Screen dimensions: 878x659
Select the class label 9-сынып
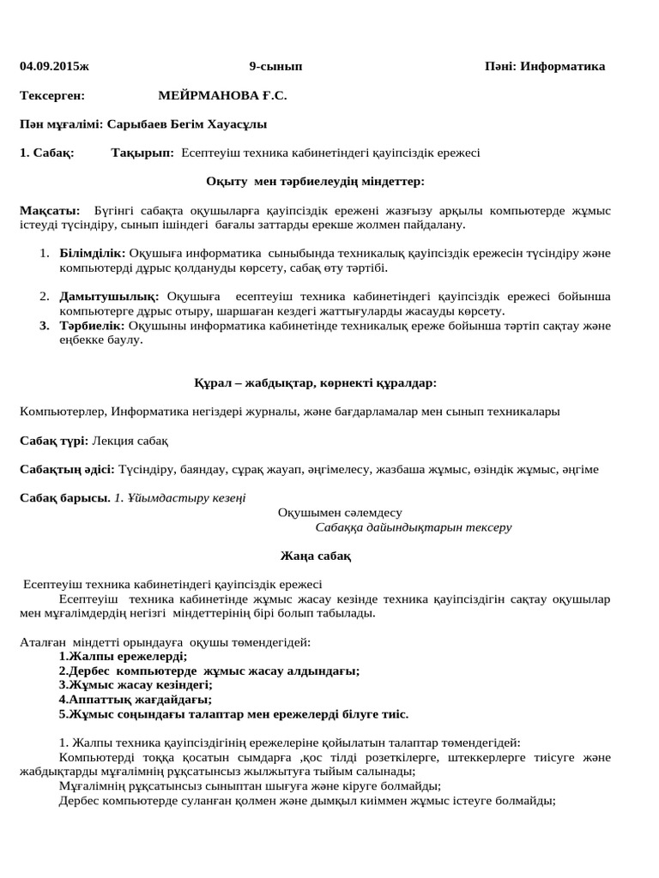click(x=275, y=66)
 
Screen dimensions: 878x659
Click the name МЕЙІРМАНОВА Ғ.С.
click(x=222, y=95)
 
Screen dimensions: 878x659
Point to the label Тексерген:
click(x=52, y=95)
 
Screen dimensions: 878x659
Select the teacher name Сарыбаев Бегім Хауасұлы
click(x=185, y=123)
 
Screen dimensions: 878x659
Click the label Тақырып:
click(x=142, y=153)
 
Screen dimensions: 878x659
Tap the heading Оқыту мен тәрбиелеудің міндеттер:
click(x=315, y=181)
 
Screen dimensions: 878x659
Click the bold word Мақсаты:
click(x=50, y=210)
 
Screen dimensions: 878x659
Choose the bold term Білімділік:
click(x=93, y=253)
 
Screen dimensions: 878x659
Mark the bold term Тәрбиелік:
click(x=92, y=325)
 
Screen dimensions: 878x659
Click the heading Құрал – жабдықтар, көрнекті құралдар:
click(x=316, y=382)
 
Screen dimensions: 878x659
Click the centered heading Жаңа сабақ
click(x=316, y=556)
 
